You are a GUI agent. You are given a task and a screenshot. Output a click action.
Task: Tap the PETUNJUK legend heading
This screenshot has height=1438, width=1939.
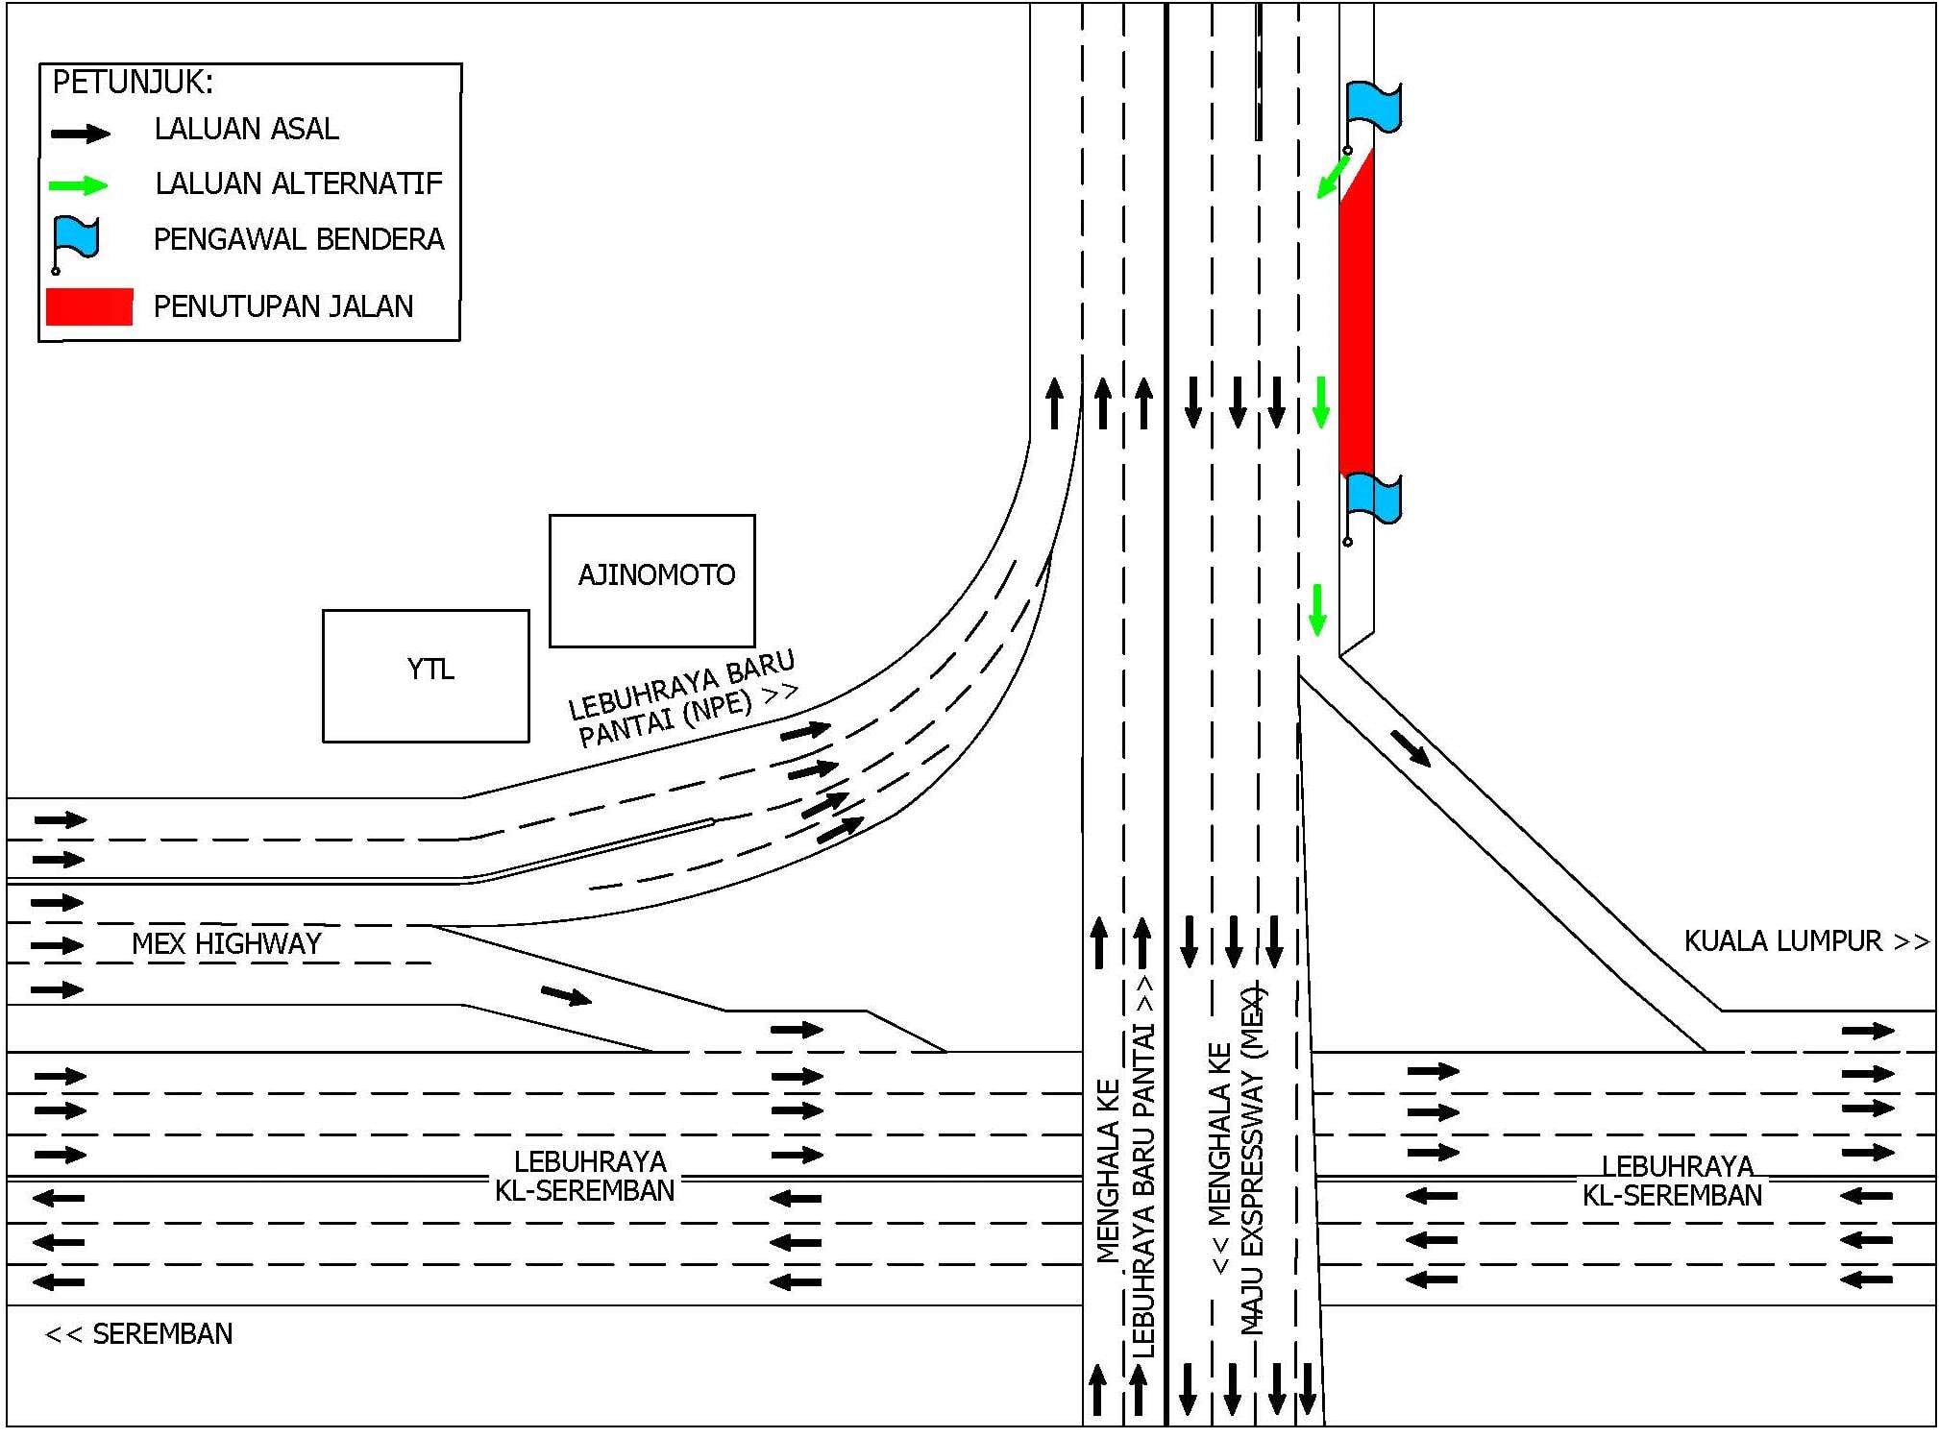pos(133,83)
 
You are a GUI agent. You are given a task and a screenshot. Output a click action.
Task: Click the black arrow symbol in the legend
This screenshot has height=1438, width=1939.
pos(80,134)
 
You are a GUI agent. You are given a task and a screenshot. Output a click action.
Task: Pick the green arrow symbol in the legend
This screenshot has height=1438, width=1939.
pos(79,184)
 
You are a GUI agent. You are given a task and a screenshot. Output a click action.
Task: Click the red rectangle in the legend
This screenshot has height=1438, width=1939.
pos(89,306)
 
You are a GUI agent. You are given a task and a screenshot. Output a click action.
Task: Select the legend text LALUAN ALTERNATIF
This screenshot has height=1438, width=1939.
pos(299,183)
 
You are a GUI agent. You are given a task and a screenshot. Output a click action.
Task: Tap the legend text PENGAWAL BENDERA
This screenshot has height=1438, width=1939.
pos(299,239)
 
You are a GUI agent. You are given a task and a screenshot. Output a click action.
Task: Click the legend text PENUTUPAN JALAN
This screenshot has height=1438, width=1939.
pos(283,306)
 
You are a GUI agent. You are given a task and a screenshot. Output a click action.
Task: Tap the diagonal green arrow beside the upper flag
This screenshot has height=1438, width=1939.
pos(1333,178)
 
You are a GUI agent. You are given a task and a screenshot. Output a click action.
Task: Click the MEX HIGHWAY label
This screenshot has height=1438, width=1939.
pos(227,943)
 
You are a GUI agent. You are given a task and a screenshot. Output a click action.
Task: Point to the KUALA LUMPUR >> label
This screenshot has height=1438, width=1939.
pos(1806,940)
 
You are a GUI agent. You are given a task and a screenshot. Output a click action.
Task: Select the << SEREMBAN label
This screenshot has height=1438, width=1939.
pos(139,1333)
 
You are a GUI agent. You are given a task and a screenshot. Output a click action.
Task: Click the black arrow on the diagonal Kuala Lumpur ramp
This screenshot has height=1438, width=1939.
pos(1411,748)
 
